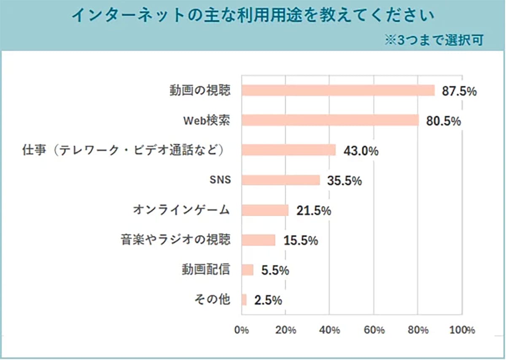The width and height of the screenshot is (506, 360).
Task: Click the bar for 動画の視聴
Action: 338,90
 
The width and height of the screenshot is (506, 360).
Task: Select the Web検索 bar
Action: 330,120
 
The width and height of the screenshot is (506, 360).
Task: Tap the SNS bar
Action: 281,180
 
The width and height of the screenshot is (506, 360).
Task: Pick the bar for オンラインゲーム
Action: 265,210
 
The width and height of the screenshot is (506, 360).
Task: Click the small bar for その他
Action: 244,300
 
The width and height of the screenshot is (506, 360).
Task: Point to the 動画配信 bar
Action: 248,270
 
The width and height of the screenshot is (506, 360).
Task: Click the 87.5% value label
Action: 459,91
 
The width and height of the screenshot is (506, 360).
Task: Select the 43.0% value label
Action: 361,151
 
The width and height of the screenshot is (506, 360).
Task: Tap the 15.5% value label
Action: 300,241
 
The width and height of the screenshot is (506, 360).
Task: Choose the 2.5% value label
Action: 268,300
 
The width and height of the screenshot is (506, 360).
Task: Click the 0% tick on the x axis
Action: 242,330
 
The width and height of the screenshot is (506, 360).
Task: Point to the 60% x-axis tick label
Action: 374,330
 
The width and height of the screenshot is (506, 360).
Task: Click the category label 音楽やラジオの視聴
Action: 175,240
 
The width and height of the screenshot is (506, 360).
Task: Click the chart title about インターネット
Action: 253,16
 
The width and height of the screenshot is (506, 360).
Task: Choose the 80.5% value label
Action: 443,121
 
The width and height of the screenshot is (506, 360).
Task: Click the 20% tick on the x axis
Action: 286,330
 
